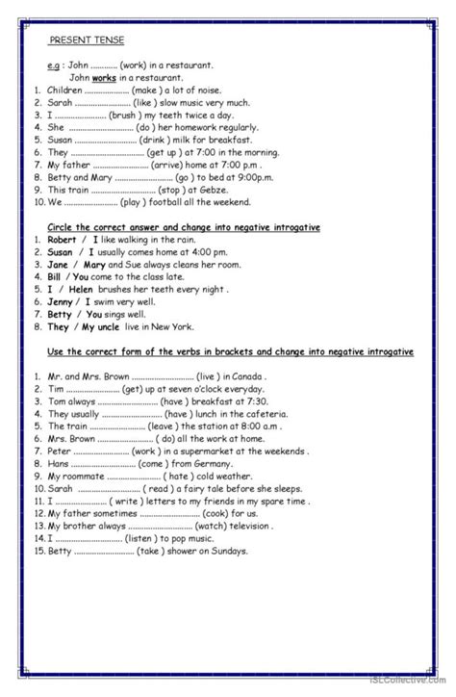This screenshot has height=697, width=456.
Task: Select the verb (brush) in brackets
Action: [123, 114]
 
